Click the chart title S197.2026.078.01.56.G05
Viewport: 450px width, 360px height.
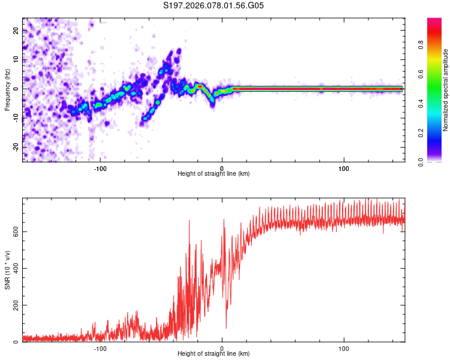click(x=214, y=5)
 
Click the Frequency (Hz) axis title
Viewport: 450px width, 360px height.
click(x=7, y=89)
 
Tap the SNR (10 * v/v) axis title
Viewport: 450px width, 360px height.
click(x=7, y=269)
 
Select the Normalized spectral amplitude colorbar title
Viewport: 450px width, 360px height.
click(x=446, y=90)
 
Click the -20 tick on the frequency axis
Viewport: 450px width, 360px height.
click(x=16, y=147)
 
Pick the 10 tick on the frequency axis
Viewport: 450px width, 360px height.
click(x=16, y=59)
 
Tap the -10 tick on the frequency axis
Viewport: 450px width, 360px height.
click(x=16, y=118)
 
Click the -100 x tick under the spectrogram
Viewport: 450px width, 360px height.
click(x=100, y=167)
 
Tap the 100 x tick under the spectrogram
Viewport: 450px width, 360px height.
click(x=344, y=167)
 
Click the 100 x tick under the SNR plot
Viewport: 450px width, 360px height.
click(x=344, y=348)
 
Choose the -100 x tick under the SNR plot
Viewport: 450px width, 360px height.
click(x=100, y=348)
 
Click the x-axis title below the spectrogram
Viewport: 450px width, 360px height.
click(x=214, y=174)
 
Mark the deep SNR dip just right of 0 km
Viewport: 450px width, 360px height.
click(x=226, y=328)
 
